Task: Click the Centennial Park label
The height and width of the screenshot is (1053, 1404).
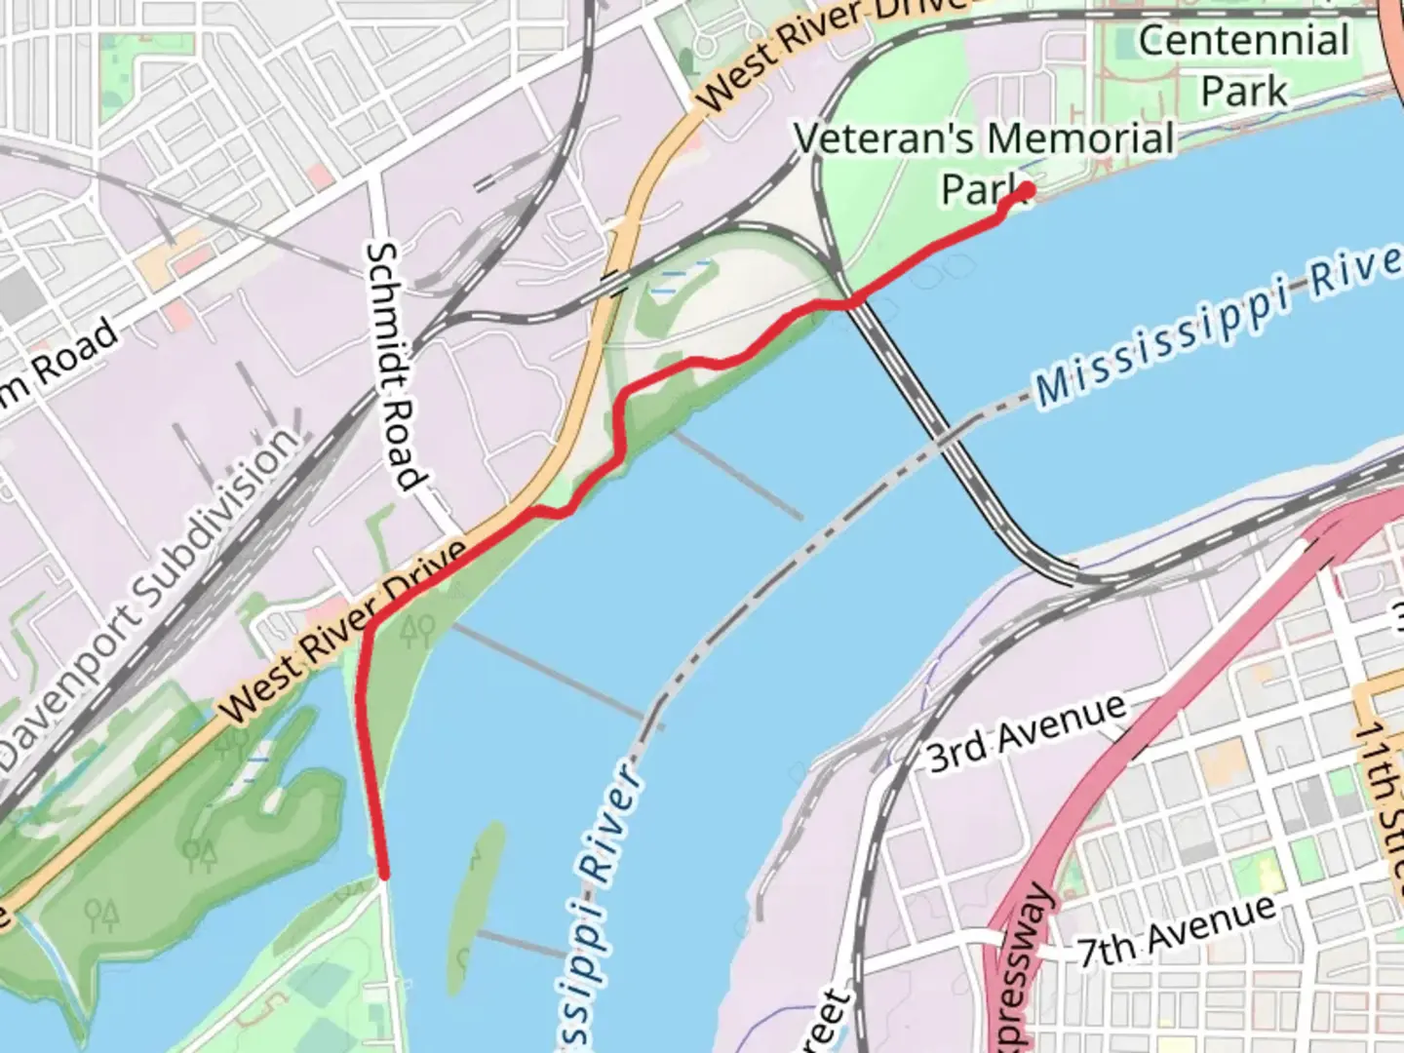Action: (x=1244, y=65)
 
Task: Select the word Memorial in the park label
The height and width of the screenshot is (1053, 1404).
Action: (x=1080, y=139)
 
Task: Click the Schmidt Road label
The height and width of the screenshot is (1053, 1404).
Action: (x=395, y=366)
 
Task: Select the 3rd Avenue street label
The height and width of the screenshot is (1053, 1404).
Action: (x=1026, y=732)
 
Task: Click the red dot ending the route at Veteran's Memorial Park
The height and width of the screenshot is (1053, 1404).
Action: (x=1026, y=191)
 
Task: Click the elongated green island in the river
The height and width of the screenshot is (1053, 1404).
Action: (x=475, y=907)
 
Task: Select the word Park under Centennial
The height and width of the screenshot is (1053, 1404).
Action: (x=1244, y=91)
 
